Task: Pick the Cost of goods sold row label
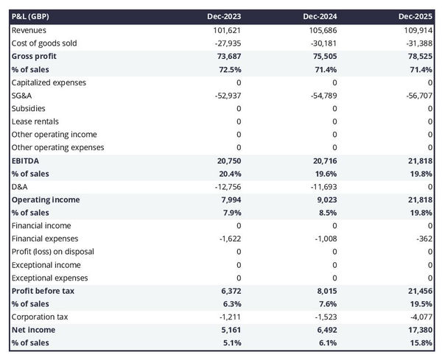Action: pos(45,43)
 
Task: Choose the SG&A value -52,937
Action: pos(225,95)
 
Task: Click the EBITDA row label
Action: pos(26,160)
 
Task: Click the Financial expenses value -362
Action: pos(423,239)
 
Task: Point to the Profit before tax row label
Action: pos(43,291)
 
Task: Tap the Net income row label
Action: pos(33,330)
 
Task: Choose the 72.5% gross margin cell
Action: pos(228,69)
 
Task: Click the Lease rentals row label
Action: pos(35,121)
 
